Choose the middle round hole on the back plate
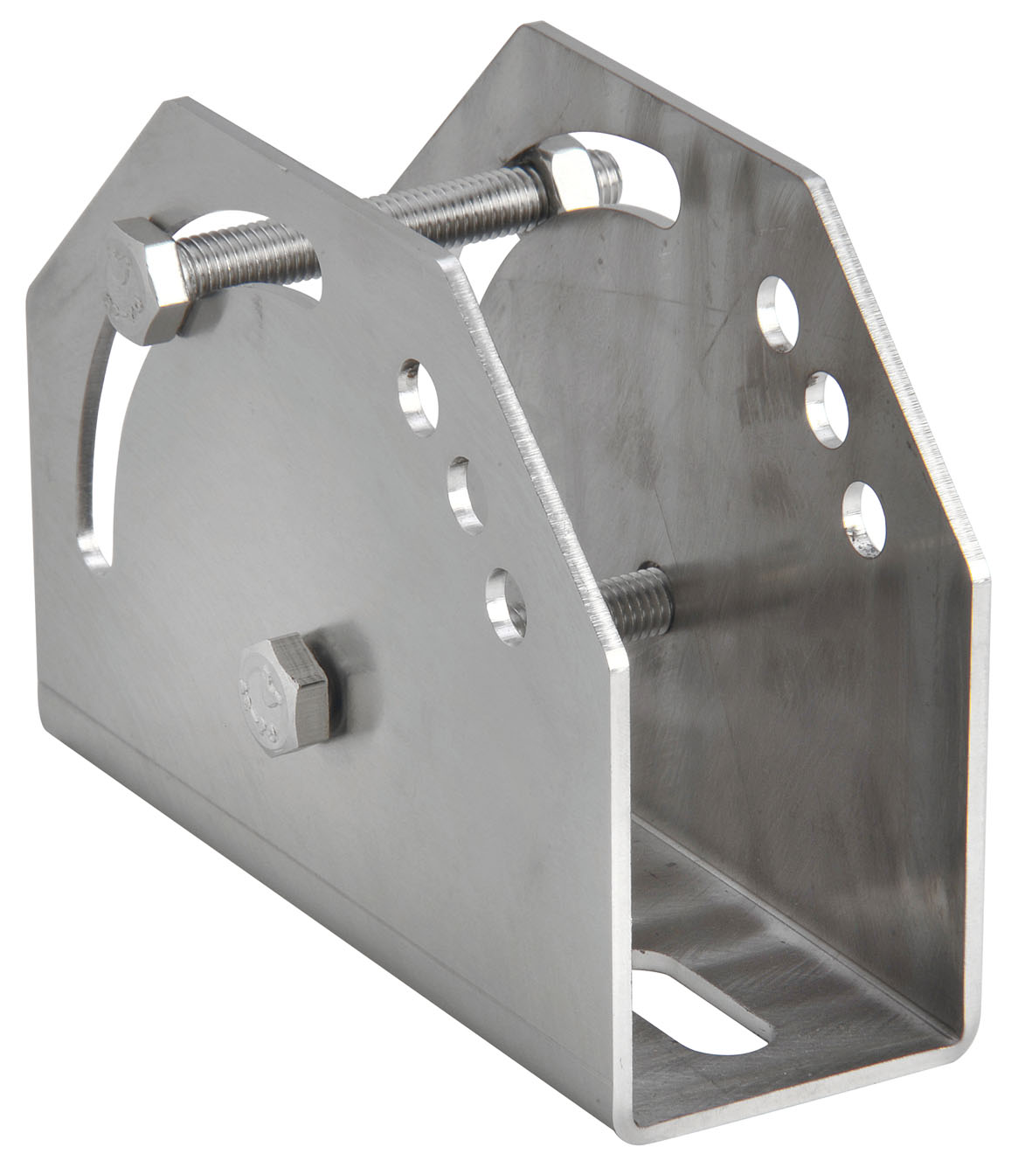[x=826, y=402]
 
